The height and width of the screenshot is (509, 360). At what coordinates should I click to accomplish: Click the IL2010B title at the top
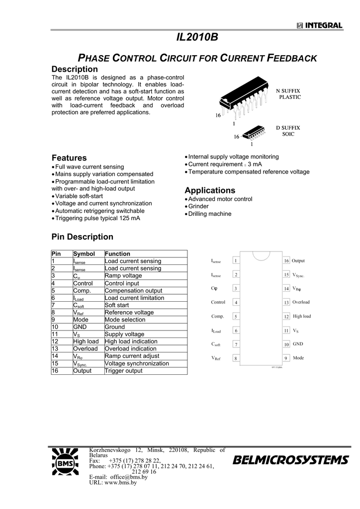coord(197,38)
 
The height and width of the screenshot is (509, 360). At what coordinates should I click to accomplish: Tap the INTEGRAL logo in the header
coord(320,26)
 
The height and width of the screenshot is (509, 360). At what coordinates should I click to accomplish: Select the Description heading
coord(75,69)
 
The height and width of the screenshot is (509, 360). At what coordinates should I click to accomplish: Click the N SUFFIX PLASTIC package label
coord(288,93)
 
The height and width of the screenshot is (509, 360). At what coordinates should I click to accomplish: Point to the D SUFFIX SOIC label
coord(288,131)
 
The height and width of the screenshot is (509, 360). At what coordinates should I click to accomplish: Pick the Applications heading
coord(210,190)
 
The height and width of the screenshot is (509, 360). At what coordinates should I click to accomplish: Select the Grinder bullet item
coord(198,206)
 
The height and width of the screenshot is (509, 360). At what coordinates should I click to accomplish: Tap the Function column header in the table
coord(117,254)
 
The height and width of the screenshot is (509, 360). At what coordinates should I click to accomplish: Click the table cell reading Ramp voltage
coord(123,275)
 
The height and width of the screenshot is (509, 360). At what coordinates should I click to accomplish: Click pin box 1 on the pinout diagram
coord(236,260)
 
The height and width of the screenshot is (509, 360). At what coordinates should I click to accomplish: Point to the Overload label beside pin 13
coord(301,302)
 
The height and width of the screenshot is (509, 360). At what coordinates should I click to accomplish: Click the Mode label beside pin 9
coord(298,357)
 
